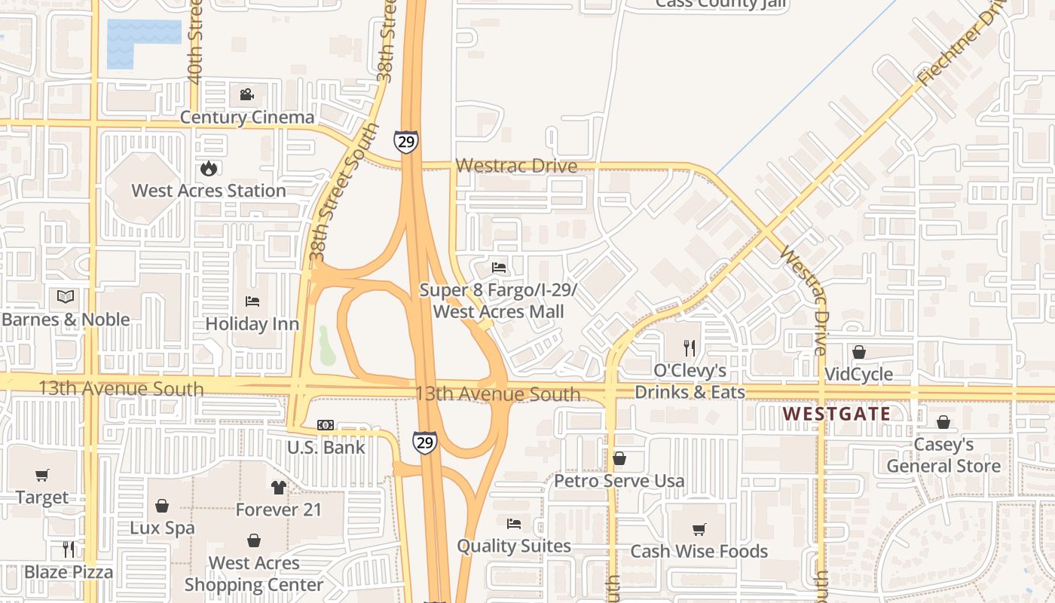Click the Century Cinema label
pos(246,117)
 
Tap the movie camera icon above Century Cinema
pos(246,94)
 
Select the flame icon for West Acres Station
pos(209,168)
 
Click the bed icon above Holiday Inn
pos(252,301)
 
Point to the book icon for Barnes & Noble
pos(66,296)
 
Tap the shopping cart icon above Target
pos(42,475)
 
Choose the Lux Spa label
pos(162,528)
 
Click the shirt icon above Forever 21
pos(279,488)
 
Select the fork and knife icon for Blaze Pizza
pos(69,549)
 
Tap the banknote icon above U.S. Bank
pos(326,425)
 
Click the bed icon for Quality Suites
pos(514,523)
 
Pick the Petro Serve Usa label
pos(619,480)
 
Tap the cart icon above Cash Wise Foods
pos(699,529)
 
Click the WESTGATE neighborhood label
pos(836,414)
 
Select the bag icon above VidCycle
pos(858,352)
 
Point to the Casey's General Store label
pos(943,455)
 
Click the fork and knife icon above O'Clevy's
pos(690,347)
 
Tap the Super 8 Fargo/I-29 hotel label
pos(498,300)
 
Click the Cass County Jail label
pos(721,4)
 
